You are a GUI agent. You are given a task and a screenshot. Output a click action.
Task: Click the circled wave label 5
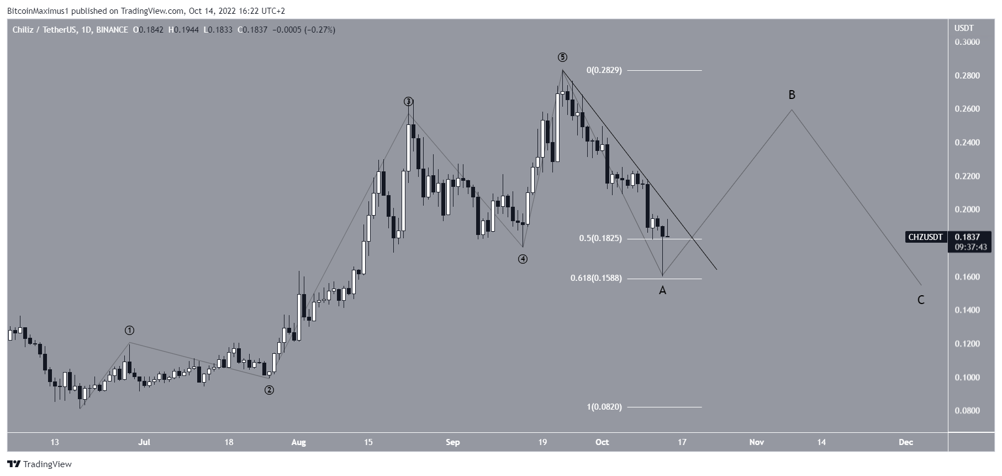[562, 57]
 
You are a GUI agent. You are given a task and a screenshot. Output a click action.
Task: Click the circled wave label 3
[408, 101]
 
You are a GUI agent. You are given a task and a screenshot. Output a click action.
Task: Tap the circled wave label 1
[129, 331]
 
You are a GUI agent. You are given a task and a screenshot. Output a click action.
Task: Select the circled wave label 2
[269, 390]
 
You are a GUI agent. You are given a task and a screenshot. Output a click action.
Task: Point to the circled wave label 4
[523, 259]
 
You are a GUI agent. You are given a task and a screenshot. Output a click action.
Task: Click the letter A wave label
[662, 290]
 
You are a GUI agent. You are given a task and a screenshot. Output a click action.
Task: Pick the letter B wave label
[792, 95]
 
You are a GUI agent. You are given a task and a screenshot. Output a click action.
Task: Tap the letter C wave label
[921, 300]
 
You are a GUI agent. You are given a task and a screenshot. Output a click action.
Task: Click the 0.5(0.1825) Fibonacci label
[600, 238]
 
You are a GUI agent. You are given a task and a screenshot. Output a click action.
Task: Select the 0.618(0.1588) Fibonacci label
[595, 278]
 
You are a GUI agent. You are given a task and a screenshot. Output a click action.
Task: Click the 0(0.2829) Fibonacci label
[604, 70]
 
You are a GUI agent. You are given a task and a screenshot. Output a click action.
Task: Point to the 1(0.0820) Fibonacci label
[604, 407]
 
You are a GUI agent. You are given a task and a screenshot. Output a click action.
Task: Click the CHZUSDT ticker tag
[926, 237]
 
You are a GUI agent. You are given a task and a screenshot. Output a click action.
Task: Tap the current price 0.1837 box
[968, 237]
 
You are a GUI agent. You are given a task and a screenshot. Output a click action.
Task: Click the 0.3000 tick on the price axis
[968, 42]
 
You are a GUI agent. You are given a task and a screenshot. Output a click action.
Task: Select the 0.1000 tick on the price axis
[968, 378]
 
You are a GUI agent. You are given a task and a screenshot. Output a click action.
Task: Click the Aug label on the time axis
[298, 442]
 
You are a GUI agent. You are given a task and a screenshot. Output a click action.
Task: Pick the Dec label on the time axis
[905, 442]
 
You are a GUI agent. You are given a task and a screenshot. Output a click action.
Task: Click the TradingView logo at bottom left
[39, 464]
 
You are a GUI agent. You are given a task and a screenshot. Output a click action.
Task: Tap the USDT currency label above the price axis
[964, 28]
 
